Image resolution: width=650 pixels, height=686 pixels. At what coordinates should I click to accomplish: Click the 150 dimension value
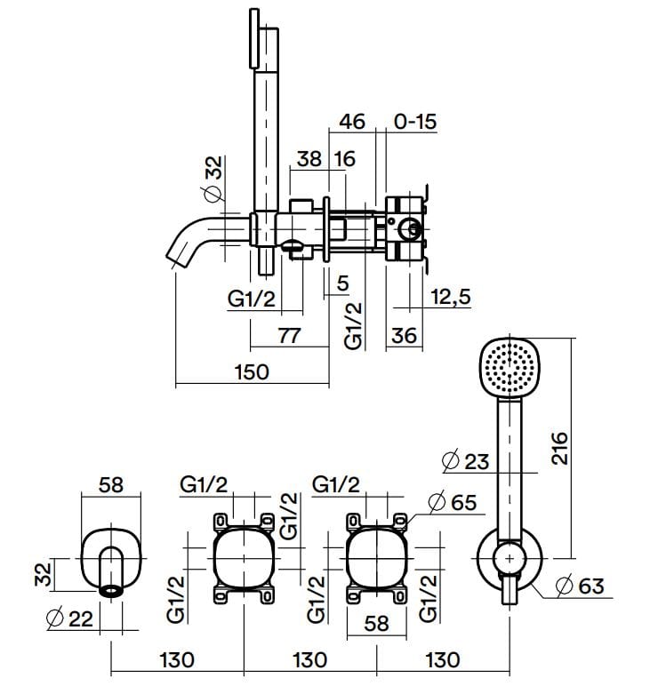coord(251,371)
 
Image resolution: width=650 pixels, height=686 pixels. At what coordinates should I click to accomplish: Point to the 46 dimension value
coord(352,121)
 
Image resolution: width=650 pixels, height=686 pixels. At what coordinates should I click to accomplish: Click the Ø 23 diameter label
coord(465,461)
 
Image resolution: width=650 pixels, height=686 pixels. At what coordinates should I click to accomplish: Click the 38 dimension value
coord(309,159)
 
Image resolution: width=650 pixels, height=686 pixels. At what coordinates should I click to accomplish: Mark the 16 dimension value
coord(344,159)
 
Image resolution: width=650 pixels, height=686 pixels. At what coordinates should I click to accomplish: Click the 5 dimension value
coord(341,284)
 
